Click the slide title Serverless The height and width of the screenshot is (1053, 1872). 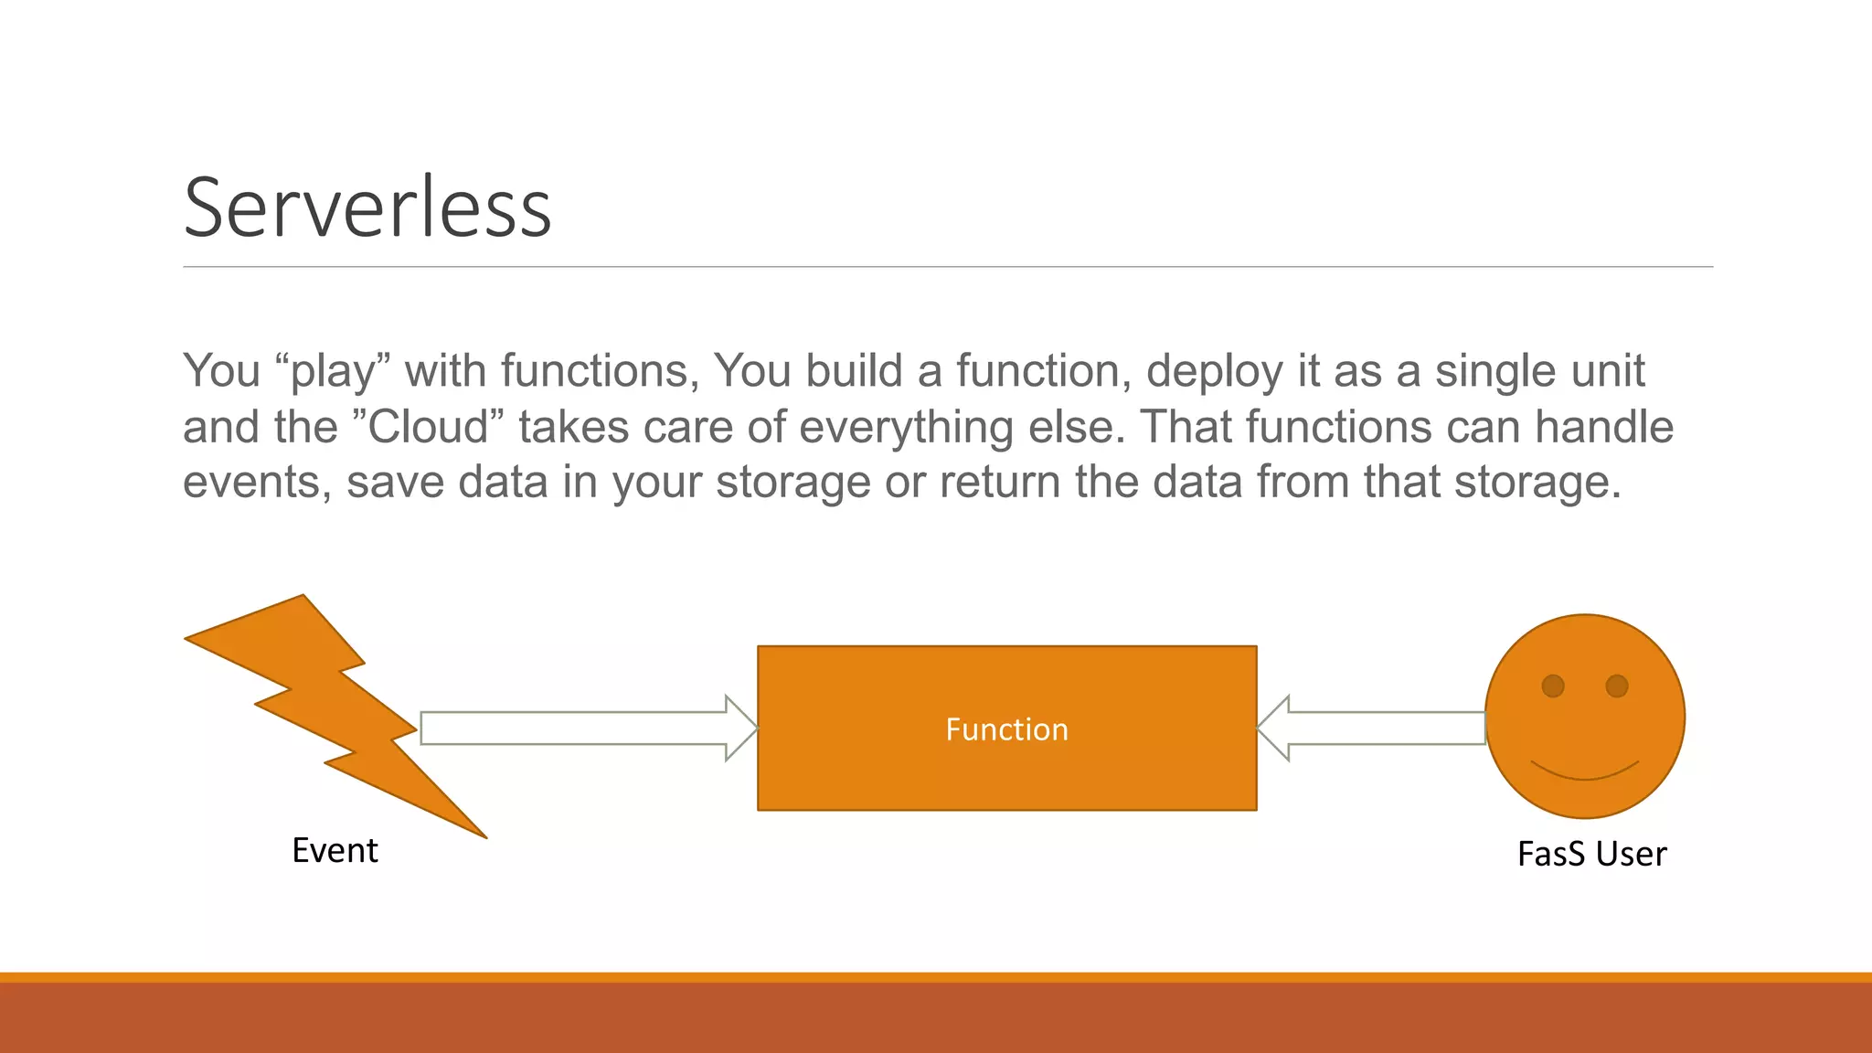click(367, 208)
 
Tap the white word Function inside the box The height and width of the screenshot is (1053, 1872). click(1006, 729)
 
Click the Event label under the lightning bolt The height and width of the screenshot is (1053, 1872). click(335, 850)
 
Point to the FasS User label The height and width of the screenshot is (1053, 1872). click(1591, 854)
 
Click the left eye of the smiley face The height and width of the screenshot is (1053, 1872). click(1553, 686)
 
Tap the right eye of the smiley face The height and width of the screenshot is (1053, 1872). click(1617, 686)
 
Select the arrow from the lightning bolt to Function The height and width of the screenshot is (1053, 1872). click(585, 729)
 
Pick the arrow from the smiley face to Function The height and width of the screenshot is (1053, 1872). click(1371, 729)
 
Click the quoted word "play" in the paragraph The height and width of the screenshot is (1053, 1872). click(333, 372)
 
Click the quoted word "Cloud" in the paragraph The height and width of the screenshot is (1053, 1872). click(428, 427)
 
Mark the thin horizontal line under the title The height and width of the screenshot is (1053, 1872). click(947, 267)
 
